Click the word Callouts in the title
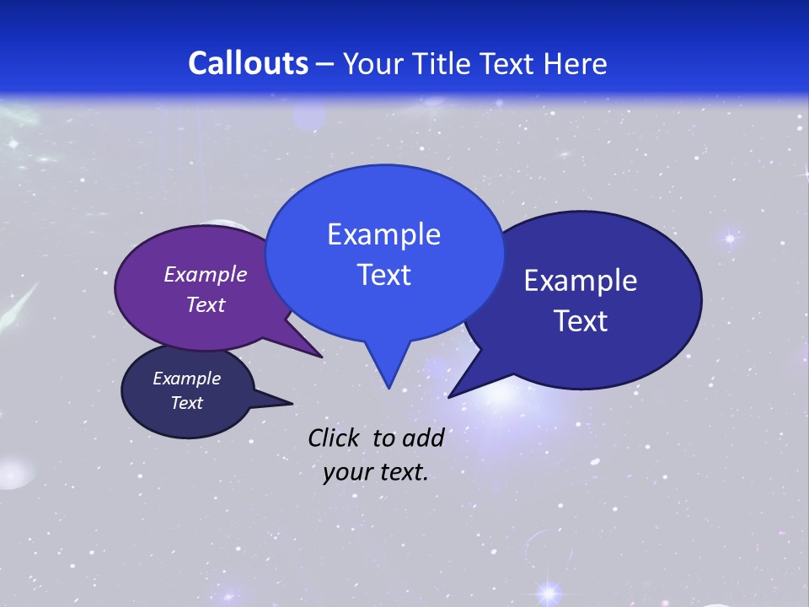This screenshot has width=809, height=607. (x=248, y=63)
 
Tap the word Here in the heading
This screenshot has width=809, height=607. (x=576, y=63)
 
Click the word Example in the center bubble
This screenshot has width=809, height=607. (x=383, y=234)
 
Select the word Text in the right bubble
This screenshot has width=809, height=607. (x=581, y=321)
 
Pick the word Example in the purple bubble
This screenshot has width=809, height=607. (x=205, y=275)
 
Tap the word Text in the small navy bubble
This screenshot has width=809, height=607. (x=186, y=403)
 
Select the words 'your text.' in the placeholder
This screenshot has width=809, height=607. (x=376, y=472)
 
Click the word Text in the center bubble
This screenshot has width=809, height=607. (x=383, y=275)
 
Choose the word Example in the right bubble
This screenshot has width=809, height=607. (x=581, y=281)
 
